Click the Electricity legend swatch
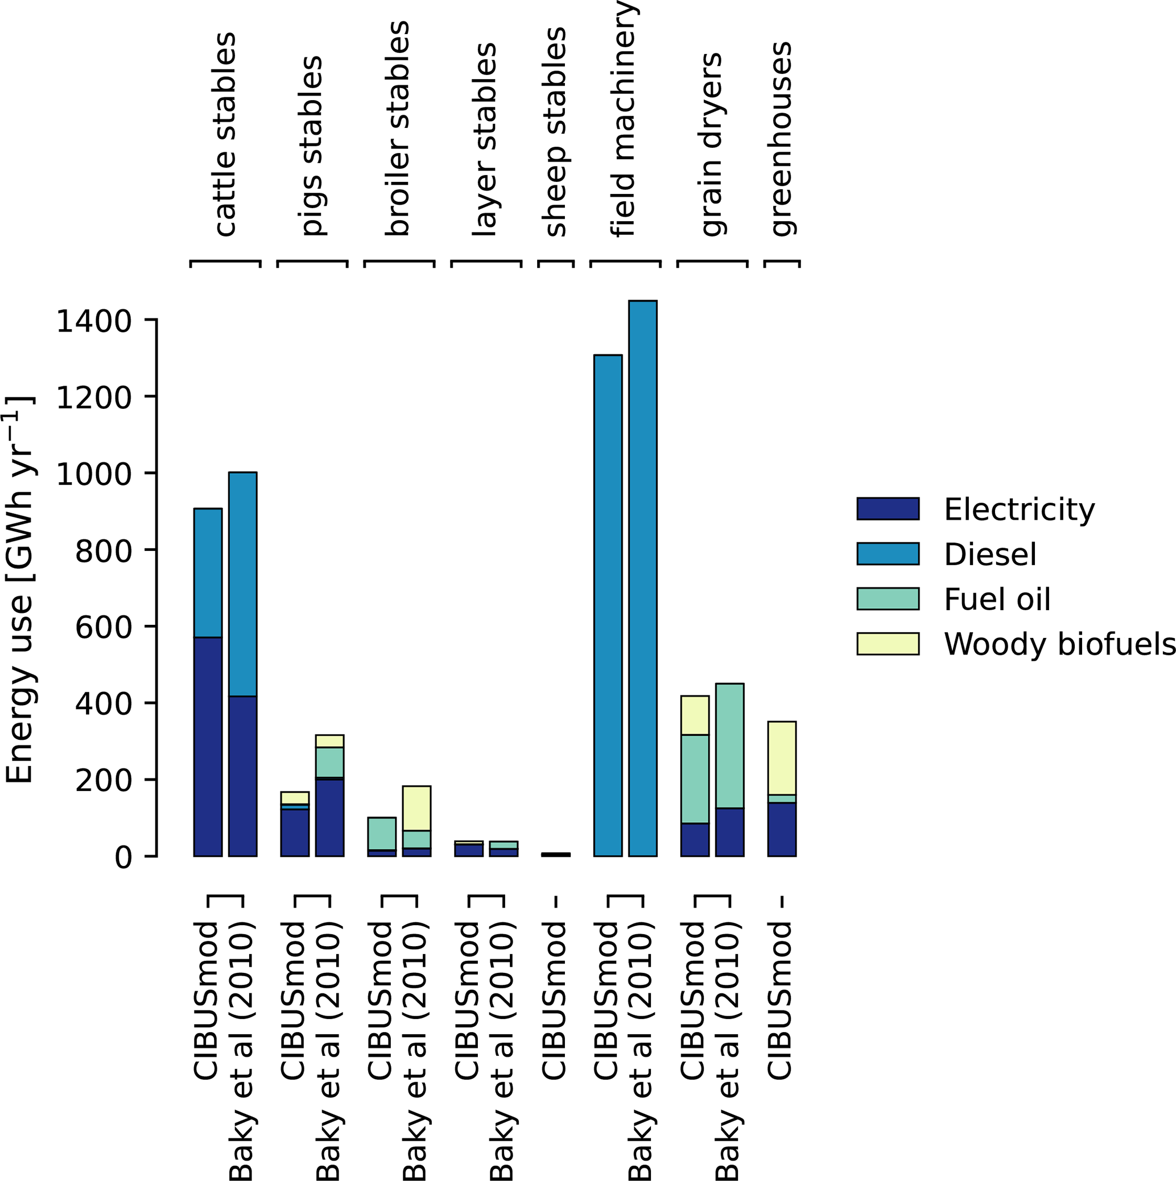click(x=888, y=508)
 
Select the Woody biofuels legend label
click(x=1059, y=644)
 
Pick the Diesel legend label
click(x=990, y=554)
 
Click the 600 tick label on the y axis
click(x=103, y=627)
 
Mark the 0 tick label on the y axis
click(x=123, y=857)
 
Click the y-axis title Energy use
click(x=19, y=590)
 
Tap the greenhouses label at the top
click(x=781, y=139)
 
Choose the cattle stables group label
click(x=224, y=135)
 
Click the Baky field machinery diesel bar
click(x=642, y=578)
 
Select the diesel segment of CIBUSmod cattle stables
click(x=208, y=573)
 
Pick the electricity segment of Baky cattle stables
click(x=243, y=776)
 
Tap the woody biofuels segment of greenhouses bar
click(x=782, y=758)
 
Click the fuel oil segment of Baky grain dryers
click(x=729, y=746)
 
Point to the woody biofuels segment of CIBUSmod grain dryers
click(x=695, y=715)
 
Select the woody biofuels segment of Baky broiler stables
click(x=416, y=808)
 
